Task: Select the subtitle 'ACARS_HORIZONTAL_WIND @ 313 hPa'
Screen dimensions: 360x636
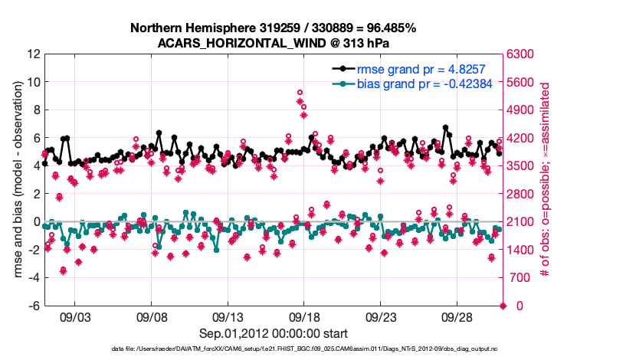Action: tap(273, 43)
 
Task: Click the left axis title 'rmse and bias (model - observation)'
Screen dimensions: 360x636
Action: tap(18, 180)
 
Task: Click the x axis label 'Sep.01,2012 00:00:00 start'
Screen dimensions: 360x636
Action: tap(274, 333)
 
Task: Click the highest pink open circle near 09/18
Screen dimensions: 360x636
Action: tap(300, 93)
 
